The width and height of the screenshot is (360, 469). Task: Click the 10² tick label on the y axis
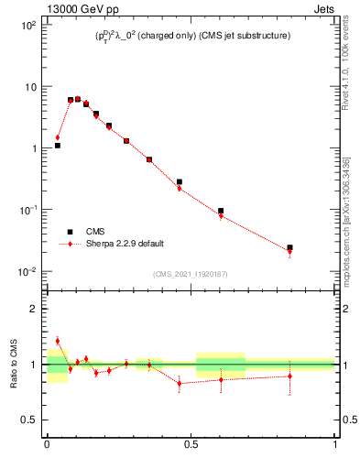tap(28, 25)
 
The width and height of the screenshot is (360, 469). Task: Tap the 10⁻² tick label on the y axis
tap(27, 271)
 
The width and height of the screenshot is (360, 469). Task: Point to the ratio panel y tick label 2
tap(33, 309)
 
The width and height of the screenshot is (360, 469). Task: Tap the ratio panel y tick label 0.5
tap(29, 420)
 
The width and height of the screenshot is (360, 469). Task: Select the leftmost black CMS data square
tap(57, 145)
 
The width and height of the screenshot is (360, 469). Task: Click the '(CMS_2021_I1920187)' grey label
tap(191, 274)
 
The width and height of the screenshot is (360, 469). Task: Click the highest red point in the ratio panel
tap(57, 341)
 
